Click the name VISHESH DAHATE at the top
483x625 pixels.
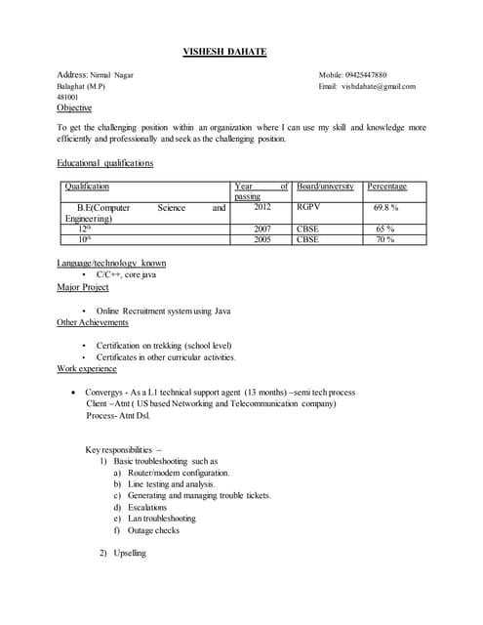point(224,52)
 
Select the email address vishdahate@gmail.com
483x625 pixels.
point(380,86)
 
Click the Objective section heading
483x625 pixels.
point(74,108)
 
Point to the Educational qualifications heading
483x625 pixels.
point(104,163)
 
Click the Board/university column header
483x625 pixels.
point(325,186)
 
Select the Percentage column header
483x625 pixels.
point(387,186)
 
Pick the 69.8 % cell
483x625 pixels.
point(385,208)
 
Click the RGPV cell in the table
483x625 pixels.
point(308,207)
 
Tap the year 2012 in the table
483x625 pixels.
point(262,207)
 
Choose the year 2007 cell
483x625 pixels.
point(262,229)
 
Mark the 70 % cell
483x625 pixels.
point(385,238)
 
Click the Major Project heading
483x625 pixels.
point(83,287)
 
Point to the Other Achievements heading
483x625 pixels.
point(93,322)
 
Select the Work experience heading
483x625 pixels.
point(87,368)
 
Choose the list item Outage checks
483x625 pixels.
point(153,530)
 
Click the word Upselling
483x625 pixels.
point(130,553)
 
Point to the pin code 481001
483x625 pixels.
point(68,98)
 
